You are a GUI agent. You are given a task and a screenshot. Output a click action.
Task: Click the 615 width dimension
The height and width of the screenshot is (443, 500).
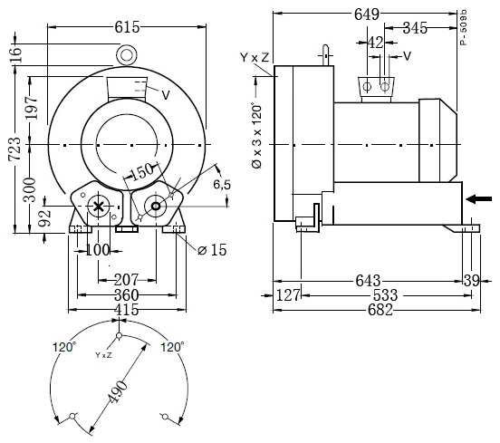tap(127, 27)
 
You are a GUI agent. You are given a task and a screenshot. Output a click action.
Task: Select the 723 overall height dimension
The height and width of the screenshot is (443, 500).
tap(14, 149)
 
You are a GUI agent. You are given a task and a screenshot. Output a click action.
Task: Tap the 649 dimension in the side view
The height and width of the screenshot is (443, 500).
tap(367, 14)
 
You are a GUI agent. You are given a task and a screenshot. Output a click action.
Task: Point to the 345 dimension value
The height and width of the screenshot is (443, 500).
tap(415, 28)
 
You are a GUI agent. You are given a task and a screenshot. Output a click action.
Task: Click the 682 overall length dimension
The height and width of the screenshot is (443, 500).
tap(380, 310)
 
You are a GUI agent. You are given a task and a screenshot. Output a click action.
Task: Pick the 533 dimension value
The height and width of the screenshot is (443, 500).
tap(385, 295)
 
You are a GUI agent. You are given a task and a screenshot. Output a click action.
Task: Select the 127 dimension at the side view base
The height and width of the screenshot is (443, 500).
tap(288, 295)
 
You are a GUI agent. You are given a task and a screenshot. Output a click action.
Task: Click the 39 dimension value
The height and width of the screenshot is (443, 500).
tap(472, 281)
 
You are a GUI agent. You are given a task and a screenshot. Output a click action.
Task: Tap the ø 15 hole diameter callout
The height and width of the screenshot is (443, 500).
tap(212, 250)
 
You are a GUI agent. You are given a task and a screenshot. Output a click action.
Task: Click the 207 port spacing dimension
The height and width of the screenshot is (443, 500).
tap(126, 280)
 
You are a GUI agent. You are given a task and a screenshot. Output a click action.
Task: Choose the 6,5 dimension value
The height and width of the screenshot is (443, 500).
tap(222, 185)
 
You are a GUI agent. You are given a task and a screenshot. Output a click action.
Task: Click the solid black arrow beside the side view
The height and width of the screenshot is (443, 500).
tap(478, 199)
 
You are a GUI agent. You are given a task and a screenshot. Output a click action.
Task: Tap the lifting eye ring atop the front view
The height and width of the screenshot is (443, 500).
tap(127, 55)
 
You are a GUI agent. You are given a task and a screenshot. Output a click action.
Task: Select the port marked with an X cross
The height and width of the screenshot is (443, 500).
tap(99, 207)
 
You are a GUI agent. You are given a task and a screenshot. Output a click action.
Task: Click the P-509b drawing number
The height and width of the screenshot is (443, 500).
tap(464, 27)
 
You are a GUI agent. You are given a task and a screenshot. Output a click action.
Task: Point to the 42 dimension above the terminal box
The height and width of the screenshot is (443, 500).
tap(375, 43)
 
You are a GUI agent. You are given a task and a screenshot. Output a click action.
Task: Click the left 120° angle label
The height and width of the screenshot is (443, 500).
tap(64, 347)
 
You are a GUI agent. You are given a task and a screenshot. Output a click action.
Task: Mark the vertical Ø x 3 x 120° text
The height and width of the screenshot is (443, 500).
tap(256, 135)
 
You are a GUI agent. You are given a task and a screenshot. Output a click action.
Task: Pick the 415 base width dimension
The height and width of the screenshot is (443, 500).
tap(127, 310)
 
